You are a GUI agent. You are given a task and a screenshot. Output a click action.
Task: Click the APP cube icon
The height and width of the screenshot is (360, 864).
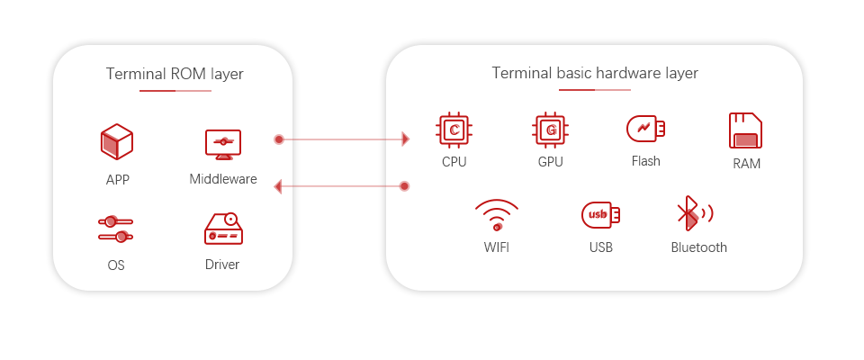pyautogui.click(x=117, y=141)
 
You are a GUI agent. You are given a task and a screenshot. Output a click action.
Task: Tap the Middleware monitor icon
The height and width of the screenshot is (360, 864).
pyautogui.click(x=223, y=144)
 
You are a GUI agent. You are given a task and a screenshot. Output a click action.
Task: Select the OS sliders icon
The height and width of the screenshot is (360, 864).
pyautogui.click(x=116, y=229)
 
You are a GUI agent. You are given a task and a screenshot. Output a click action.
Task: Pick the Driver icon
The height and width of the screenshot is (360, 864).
pyautogui.click(x=223, y=229)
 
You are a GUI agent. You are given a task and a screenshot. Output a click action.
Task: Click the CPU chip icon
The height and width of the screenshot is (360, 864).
pyautogui.click(x=454, y=130)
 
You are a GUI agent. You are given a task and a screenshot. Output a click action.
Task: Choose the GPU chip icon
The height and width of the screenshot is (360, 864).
pyautogui.click(x=551, y=130)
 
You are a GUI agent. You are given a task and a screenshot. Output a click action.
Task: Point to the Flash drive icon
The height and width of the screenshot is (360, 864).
pyautogui.click(x=646, y=129)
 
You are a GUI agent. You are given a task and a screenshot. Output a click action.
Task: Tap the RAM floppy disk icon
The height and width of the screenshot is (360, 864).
pyautogui.click(x=745, y=130)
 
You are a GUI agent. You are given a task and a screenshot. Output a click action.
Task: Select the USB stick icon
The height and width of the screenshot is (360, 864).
pyautogui.click(x=600, y=215)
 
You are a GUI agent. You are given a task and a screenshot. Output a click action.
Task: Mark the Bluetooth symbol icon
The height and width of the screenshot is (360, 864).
pyautogui.click(x=695, y=213)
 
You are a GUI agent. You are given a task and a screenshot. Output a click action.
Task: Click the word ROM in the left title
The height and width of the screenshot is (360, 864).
pyautogui.click(x=188, y=74)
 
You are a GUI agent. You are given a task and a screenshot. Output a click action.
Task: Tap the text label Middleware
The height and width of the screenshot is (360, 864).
pyautogui.click(x=223, y=179)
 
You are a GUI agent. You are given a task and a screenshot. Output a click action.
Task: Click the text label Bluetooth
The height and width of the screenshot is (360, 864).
pyautogui.click(x=698, y=247)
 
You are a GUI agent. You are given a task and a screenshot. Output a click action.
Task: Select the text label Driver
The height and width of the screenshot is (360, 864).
pyautogui.click(x=222, y=265)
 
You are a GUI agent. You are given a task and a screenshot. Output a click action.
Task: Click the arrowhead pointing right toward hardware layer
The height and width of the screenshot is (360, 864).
pyautogui.click(x=406, y=139)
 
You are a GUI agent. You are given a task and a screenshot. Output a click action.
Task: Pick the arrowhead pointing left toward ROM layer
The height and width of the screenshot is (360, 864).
pyautogui.click(x=278, y=187)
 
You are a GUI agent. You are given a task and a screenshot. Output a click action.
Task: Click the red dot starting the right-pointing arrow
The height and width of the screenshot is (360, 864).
pyautogui.click(x=279, y=139)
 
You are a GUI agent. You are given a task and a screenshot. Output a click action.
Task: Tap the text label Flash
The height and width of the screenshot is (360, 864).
pyautogui.click(x=646, y=161)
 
